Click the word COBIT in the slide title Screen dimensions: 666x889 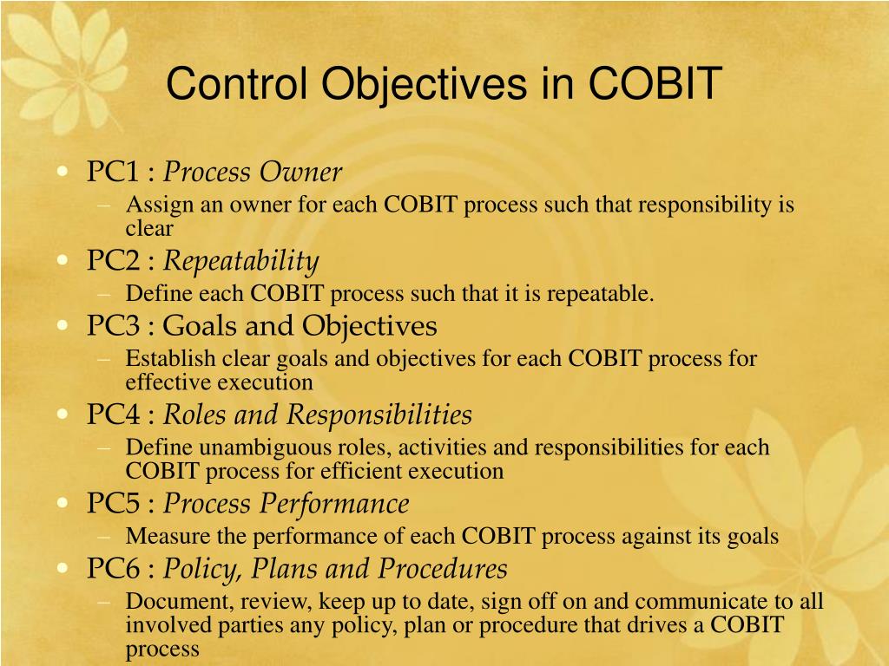[x=655, y=83]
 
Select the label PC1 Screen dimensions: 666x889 [x=113, y=172]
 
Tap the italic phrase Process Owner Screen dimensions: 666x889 [x=253, y=173]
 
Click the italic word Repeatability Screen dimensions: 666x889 [x=241, y=260]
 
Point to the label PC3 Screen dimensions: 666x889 [x=113, y=326]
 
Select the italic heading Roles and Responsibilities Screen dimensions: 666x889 [x=318, y=415]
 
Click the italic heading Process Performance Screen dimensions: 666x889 [x=286, y=503]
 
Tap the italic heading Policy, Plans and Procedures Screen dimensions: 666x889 [x=335, y=569]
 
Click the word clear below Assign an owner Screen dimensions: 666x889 [x=149, y=229]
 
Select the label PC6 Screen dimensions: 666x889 [x=113, y=569]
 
